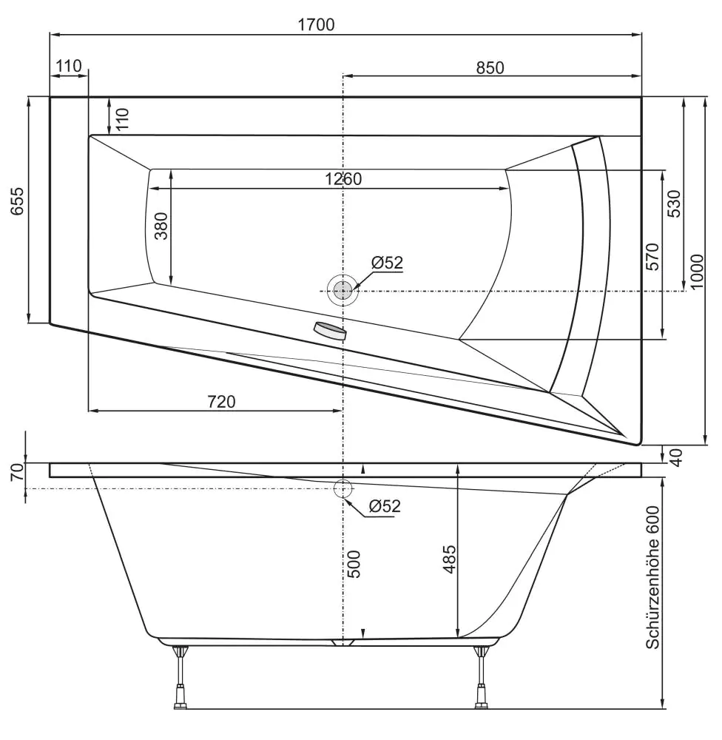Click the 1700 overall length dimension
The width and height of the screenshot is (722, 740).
[316, 24]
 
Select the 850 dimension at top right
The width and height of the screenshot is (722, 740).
[490, 67]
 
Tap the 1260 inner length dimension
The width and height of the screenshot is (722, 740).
[343, 179]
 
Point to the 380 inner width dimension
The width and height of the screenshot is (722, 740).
[161, 226]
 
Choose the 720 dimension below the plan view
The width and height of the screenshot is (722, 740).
[221, 401]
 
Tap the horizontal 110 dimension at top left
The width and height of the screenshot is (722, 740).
[68, 66]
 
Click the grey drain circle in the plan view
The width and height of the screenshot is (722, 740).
[343, 290]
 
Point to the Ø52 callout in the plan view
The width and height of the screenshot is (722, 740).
[387, 262]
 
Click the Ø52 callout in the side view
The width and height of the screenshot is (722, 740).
[385, 506]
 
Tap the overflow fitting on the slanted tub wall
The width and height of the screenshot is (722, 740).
[330, 330]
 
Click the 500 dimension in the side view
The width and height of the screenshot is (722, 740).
[354, 564]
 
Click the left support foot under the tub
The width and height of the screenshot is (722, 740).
[180, 676]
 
